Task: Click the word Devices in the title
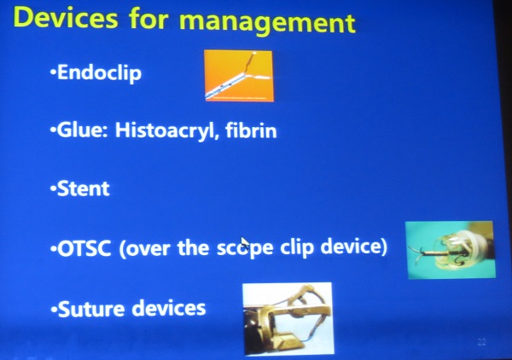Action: coord(66,18)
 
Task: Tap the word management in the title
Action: coord(267,22)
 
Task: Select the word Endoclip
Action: coord(99,73)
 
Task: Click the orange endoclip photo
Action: coord(239,76)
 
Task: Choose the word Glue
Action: coord(82,130)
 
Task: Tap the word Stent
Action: coord(84,189)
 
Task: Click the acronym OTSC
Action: coord(84,249)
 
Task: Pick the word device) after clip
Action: coord(353,247)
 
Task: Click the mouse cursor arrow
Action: coord(245,243)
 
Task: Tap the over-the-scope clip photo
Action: coord(451,250)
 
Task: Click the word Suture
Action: coord(91,309)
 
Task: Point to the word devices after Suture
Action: coord(168,308)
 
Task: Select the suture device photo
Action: coord(288,318)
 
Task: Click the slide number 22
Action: coord(481,342)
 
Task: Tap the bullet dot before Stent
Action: coord(53,189)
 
